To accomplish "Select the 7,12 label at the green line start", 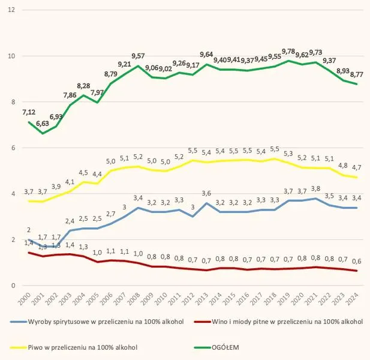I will click(29, 112).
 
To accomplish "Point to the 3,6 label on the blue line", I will click(206, 193).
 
